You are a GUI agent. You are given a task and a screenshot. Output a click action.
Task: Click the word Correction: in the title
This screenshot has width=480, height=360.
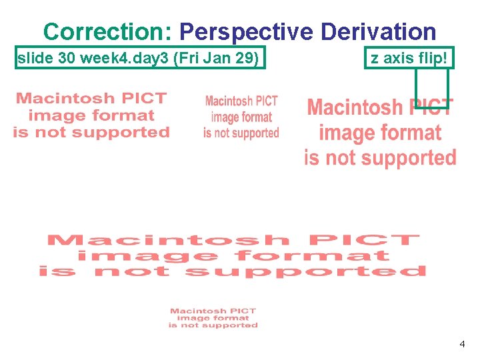[107, 31]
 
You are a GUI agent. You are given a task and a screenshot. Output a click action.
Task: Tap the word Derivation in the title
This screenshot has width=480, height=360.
[378, 31]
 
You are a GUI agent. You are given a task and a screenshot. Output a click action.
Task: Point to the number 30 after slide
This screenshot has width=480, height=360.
[67, 59]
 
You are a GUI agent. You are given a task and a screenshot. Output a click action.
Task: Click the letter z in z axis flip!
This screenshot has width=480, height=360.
[375, 59]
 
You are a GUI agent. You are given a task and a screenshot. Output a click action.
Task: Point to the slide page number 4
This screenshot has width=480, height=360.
[462, 345]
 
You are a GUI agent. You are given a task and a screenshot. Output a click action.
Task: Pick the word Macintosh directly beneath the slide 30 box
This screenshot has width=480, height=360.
[63, 99]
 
